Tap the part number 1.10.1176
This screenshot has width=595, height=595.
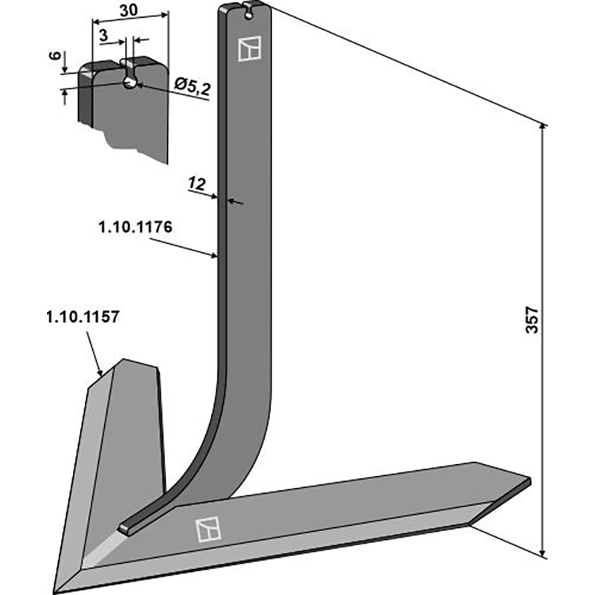coord(135,228)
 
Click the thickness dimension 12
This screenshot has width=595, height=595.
coord(197,183)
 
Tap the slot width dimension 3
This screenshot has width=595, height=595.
coord(102,35)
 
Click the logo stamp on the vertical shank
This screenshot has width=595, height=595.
coord(247,48)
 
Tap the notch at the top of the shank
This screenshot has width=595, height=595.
coord(246,9)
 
